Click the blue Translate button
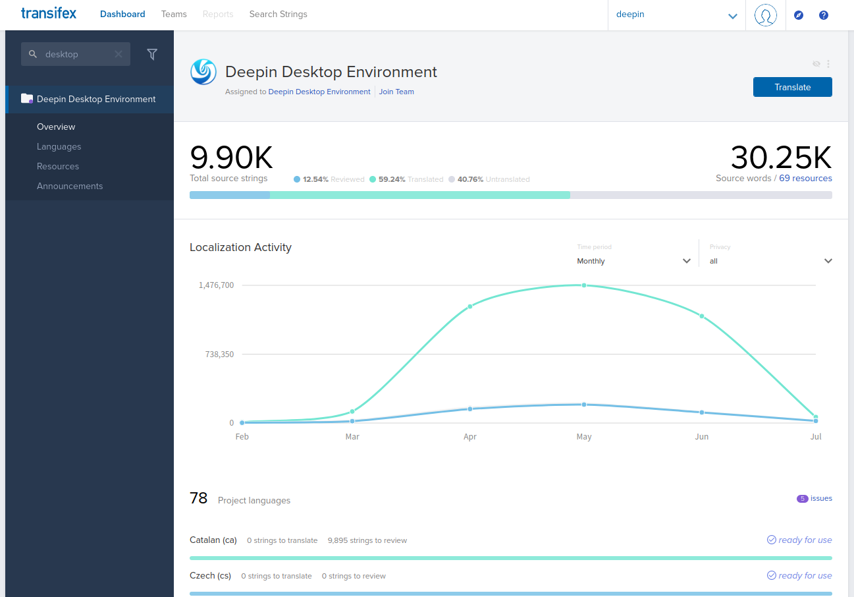[792, 87]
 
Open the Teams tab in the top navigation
[174, 14]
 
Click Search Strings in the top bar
[278, 14]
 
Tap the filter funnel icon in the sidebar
[152, 55]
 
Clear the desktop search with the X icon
[119, 54]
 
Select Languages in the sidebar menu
[59, 146]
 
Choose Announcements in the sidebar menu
[70, 186]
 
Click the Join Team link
[396, 92]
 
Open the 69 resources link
[805, 178]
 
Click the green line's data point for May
[584, 285]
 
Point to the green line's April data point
[470, 306]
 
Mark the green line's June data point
[702, 316]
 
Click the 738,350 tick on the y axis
[219, 355]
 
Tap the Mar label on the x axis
[352, 437]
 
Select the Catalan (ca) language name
[213, 540]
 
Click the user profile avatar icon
[765, 14]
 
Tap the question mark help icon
[823, 15]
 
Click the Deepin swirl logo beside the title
[203, 72]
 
